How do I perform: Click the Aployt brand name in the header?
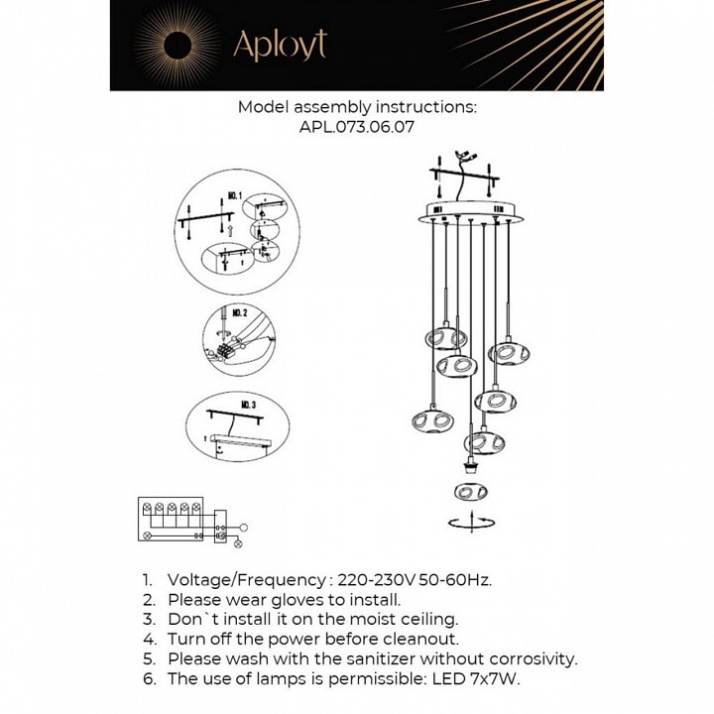[x=279, y=45]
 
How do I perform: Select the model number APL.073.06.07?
[x=356, y=127]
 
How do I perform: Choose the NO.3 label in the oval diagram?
[x=248, y=407]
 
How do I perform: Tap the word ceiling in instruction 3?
[x=422, y=620]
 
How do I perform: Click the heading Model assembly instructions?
[x=357, y=107]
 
